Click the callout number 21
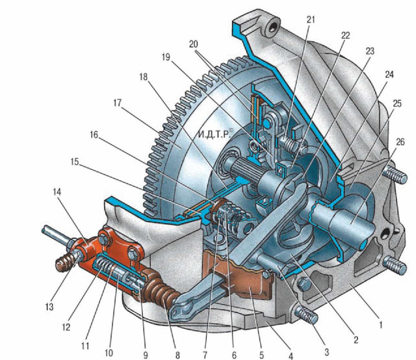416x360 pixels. pyautogui.click(x=311, y=19)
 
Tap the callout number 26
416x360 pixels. pyautogui.click(x=400, y=142)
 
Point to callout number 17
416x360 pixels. pyautogui.click(x=117, y=103)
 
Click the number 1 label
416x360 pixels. pyautogui.click(x=381, y=325)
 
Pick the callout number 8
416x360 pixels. pyautogui.click(x=177, y=355)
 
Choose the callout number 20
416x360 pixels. pyautogui.click(x=194, y=44)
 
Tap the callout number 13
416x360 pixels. pyautogui.click(x=49, y=307)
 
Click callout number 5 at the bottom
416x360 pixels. pyautogui.click(x=261, y=354)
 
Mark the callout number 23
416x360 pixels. pyautogui.click(x=370, y=51)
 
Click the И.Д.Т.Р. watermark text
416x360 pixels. pyautogui.click(x=216, y=134)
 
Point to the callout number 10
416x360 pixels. pyautogui.click(x=109, y=353)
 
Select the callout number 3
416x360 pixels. pyautogui.click(x=326, y=352)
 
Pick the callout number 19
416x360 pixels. pyautogui.click(x=166, y=57)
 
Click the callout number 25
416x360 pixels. pyautogui.click(x=397, y=103)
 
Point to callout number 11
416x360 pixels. pyautogui.click(x=85, y=346)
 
